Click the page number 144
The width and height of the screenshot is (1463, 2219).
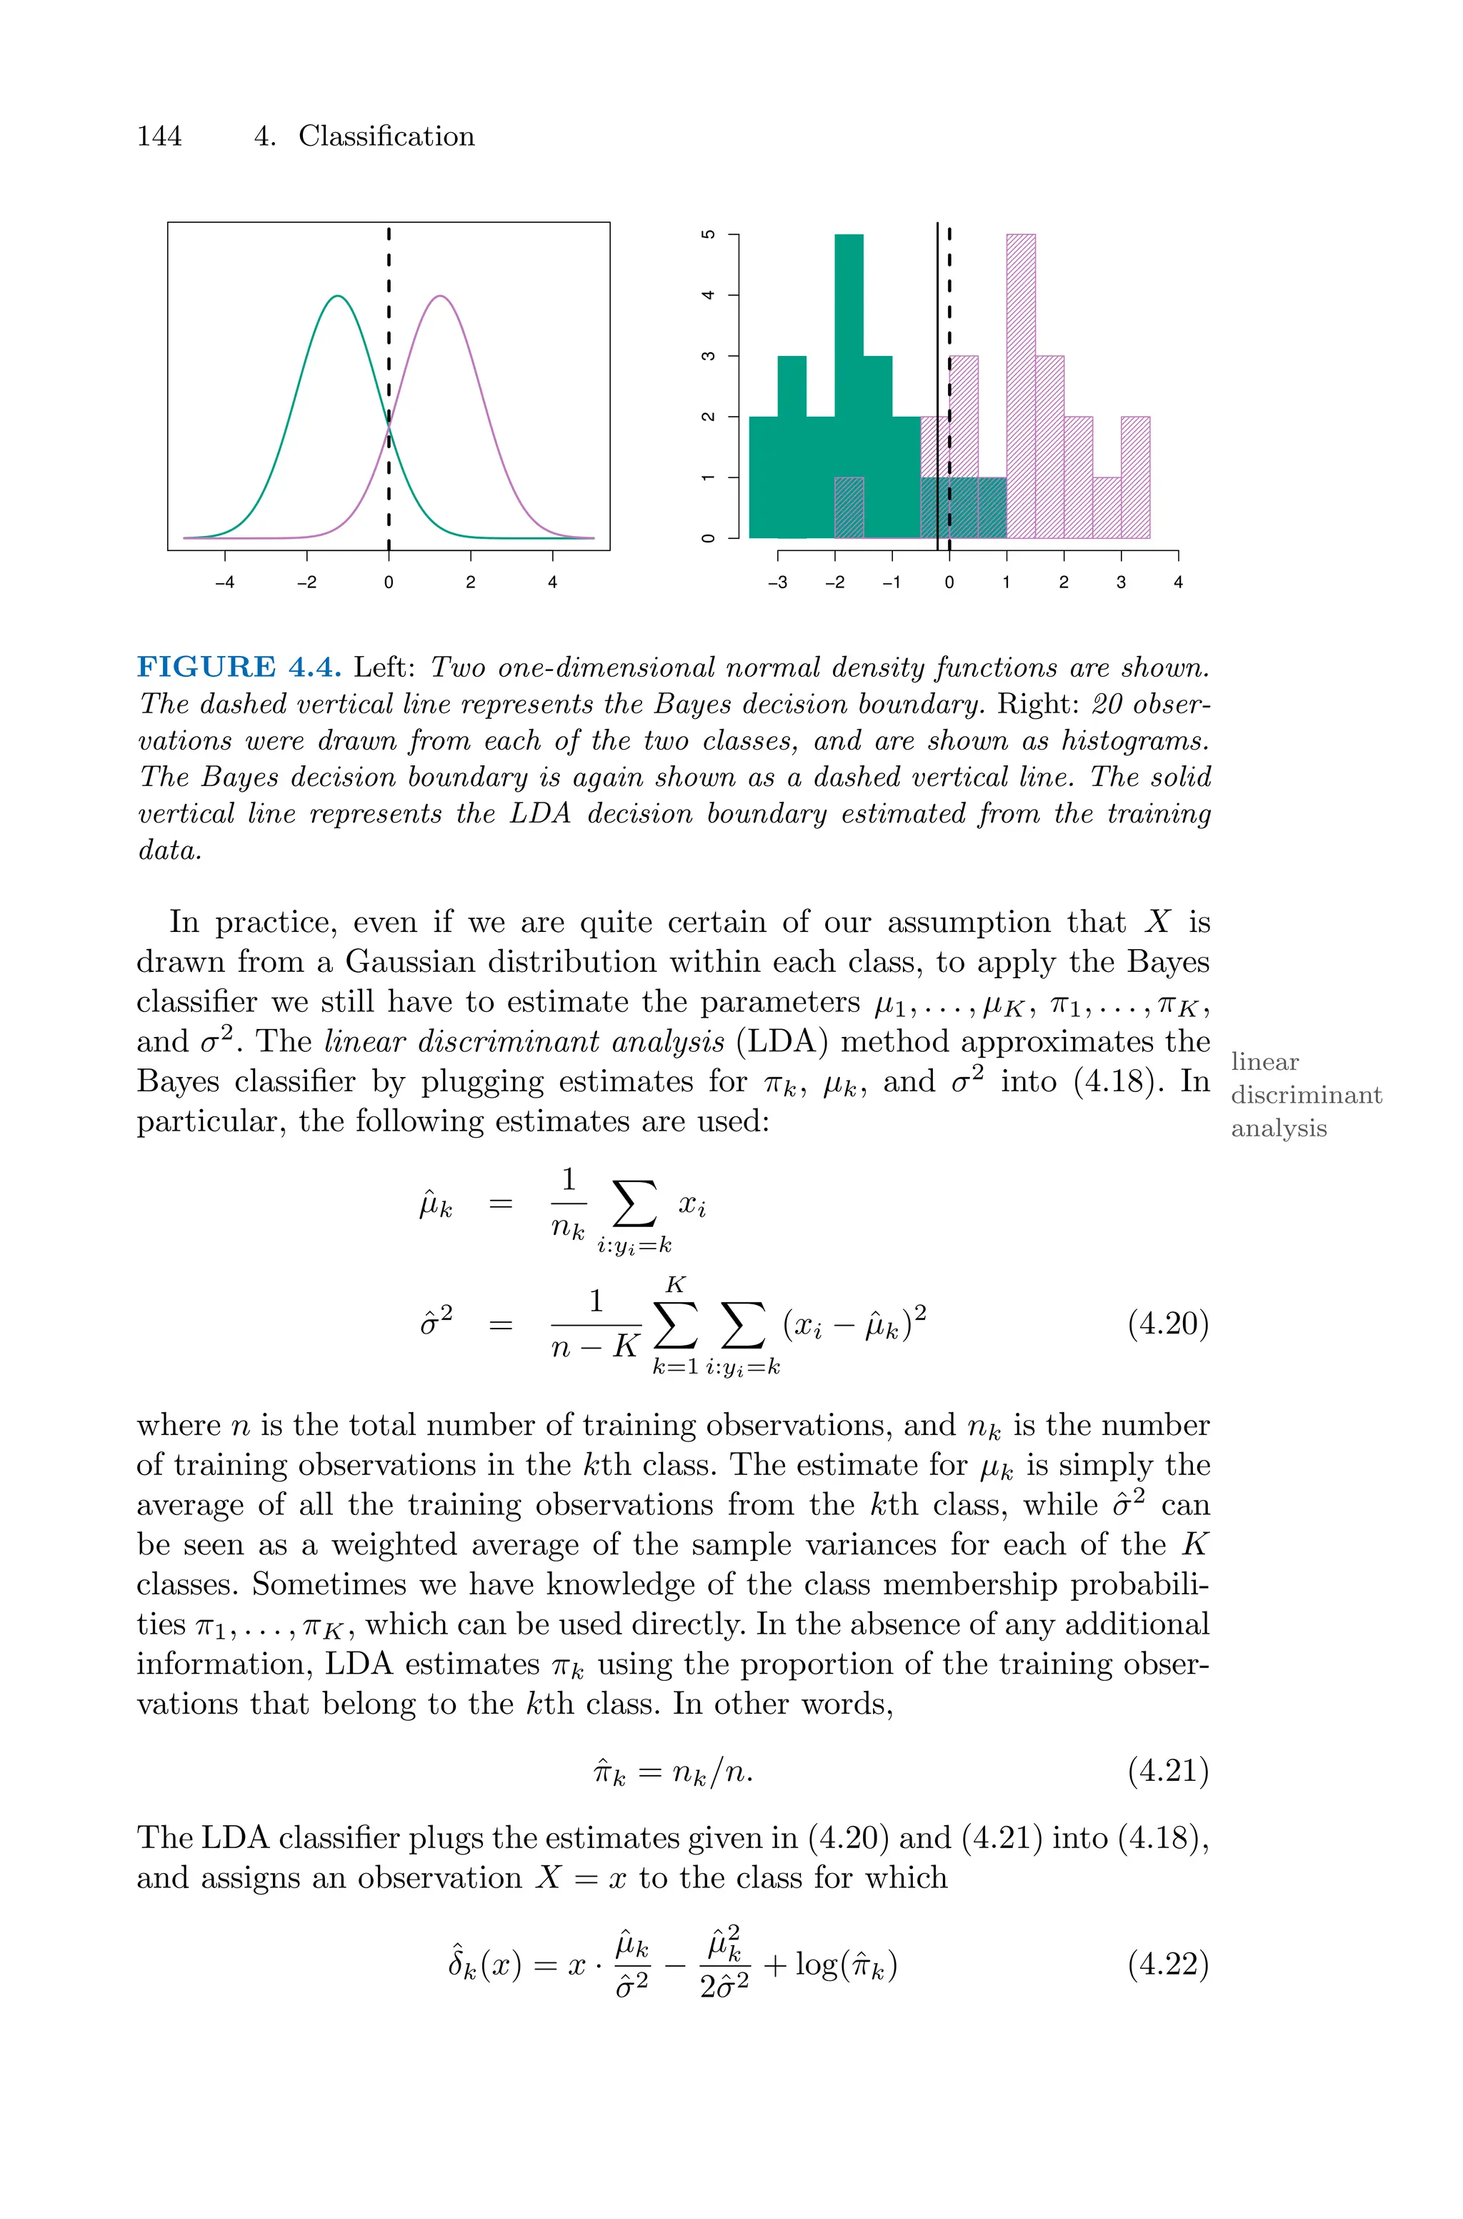click(159, 136)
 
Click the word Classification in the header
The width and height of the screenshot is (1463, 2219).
click(386, 136)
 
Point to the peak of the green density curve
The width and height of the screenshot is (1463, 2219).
click(339, 297)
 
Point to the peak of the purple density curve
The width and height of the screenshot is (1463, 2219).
click(439, 297)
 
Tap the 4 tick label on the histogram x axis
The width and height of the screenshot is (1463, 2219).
click(1177, 583)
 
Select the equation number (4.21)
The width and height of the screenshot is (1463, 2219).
click(1168, 1770)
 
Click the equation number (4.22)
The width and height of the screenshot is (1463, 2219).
click(1168, 1965)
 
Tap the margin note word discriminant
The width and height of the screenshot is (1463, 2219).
click(1307, 1095)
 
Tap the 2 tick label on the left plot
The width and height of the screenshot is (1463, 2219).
click(470, 583)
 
